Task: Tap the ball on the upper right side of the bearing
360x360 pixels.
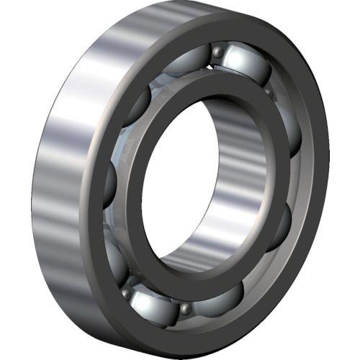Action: click(x=291, y=130)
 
